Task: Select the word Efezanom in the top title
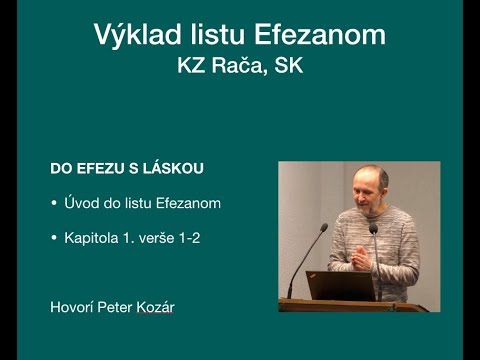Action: click(320, 36)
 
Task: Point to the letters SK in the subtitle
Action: click(292, 68)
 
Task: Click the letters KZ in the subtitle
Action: click(193, 68)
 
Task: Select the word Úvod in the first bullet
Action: click(83, 204)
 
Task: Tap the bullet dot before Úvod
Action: click(54, 204)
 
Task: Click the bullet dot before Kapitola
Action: click(54, 239)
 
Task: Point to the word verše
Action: click(160, 239)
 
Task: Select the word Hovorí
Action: click(71, 307)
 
